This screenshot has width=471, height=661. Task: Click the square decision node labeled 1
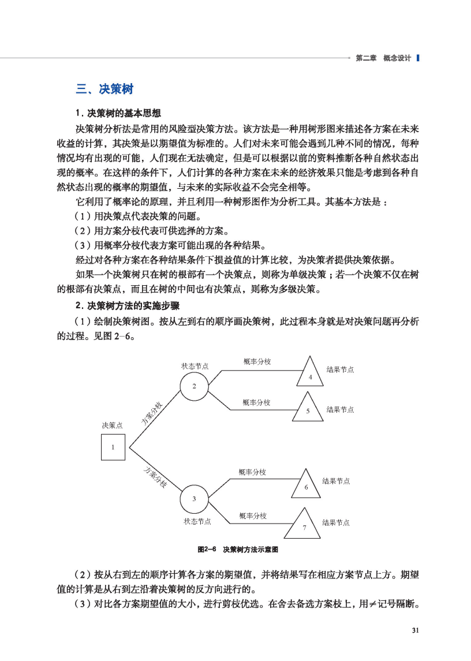coord(113,447)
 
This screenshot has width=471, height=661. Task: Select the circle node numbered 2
coord(194,386)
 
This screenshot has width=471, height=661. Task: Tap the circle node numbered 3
coord(194,498)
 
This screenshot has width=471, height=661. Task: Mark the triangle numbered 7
coord(304,525)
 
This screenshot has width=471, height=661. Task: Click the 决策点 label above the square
coord(112,425)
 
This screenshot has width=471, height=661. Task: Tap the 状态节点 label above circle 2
coord(195,366)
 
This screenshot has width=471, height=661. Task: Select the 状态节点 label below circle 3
coord(197,521)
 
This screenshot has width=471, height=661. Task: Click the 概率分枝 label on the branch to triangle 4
coord(257,361)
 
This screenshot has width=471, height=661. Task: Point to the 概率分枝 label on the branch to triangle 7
coord(253,515)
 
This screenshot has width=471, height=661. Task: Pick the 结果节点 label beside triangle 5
coord(340,409)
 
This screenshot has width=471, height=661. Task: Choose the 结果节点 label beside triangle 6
coord(336,481)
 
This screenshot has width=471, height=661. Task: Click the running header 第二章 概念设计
coord(383,58)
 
